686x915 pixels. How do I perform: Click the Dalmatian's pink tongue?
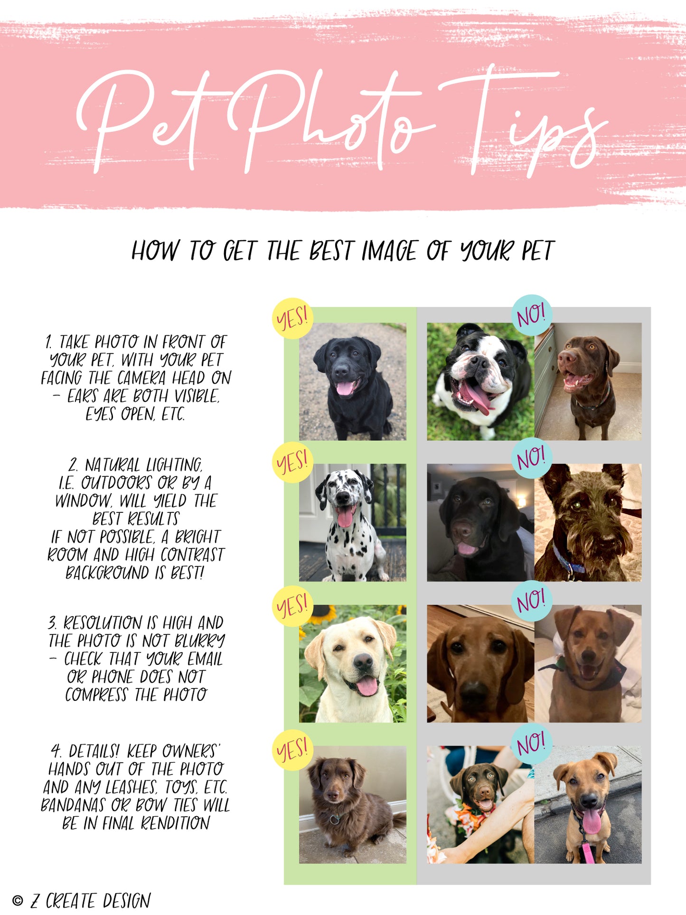(x=345, y=516)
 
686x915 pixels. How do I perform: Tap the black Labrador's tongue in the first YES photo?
(x=345, y=388)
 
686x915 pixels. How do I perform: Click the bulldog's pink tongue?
(x=475, y=398)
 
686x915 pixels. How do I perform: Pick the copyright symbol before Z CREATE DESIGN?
(x=18, y=900)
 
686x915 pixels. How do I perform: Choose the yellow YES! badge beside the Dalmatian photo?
(x=292, y=462)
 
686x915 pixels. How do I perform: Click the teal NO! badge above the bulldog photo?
(x=532, y=315)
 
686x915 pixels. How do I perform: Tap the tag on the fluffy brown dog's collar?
(x=335, y=819)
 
